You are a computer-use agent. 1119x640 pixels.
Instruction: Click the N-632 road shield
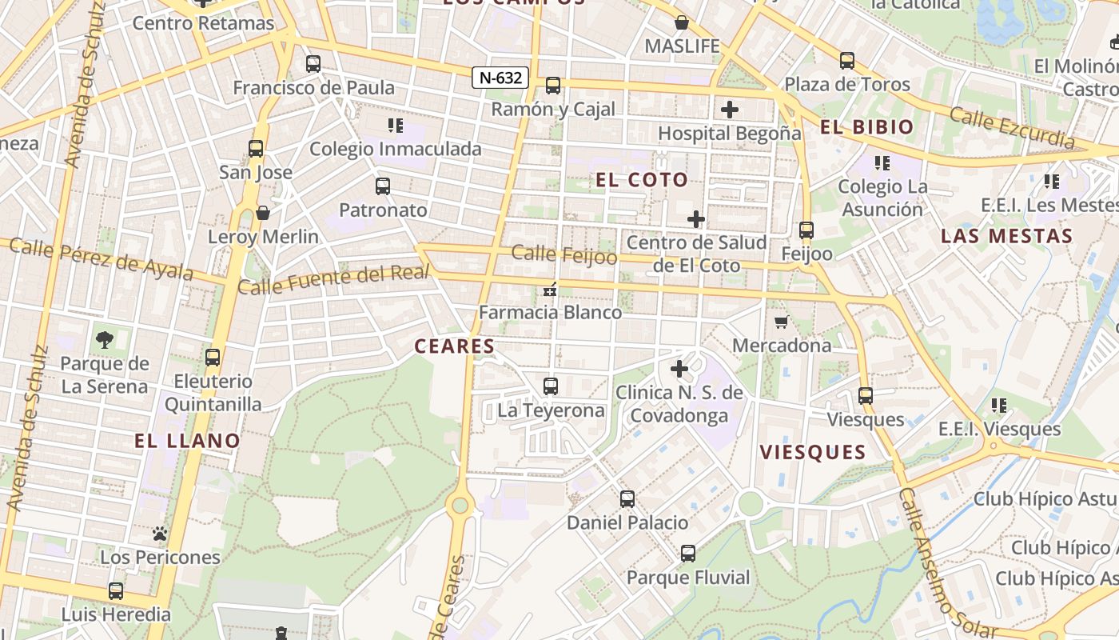[500, 78]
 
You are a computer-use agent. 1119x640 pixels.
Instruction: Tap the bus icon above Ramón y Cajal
[552, 86]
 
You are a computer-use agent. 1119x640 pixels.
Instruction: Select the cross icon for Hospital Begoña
[729, 109]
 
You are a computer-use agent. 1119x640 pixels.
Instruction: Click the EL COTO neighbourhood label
[642, 180]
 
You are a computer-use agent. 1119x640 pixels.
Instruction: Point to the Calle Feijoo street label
[564, 254]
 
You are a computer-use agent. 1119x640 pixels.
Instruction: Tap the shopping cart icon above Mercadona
[781, 322]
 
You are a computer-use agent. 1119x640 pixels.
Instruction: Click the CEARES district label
[454, 346]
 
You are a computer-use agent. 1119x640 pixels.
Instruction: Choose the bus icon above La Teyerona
[550, 386]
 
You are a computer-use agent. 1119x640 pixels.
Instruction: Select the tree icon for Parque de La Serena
[104, 340]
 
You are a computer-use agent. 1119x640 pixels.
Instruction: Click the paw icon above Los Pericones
[160, 534]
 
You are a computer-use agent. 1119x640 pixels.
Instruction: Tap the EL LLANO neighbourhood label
[187, 441]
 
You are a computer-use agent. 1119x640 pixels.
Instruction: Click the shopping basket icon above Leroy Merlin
[262, 213]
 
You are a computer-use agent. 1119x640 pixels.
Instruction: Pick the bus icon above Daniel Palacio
[627, 499]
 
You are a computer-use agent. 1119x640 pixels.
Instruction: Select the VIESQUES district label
[812, 453]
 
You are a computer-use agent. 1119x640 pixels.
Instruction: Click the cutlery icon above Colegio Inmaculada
[395, 125]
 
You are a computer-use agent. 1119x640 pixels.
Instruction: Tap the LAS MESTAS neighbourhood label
[1006, 236]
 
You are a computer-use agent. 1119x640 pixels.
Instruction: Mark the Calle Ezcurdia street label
[1012, 128]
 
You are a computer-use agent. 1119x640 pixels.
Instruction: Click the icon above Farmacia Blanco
[549, 290]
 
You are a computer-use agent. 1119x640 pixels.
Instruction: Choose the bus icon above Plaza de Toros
[846, 60]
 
